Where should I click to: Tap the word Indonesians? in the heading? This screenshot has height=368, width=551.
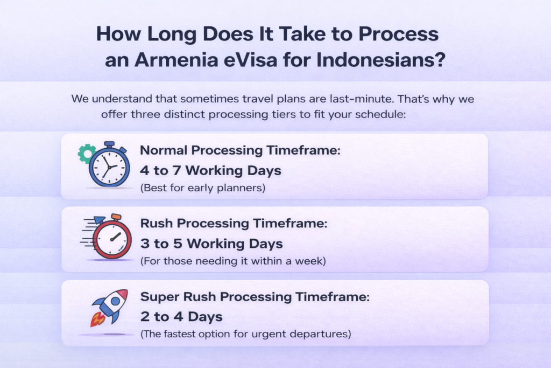pyautogui.click(x=381, y=59)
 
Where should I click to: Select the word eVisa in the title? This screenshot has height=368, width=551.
pyautogui.click(x=251, y=59)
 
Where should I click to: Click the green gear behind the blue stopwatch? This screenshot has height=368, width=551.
pyautogui.click(x=86, y=154)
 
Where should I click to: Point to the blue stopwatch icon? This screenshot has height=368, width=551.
pyautogui.click(x=109, y=165)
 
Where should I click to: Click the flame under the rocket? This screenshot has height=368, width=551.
pyautogui.click(x=97, y=319)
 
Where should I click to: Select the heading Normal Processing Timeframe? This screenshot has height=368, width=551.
pyautogui.click(x=240, y=150)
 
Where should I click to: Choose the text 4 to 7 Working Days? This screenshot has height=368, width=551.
pyautogui.click(x=210, y=171)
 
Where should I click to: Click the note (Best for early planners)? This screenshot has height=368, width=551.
pyautogui.click(x=203, y=188)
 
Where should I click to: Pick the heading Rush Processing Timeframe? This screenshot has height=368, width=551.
pyautogui.click(x=234, y=224)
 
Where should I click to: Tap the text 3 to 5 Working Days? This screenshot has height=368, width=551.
pyautogui.click(x=211, y=244)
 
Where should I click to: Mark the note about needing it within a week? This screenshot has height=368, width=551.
pyautogui.click(x=233, y=261)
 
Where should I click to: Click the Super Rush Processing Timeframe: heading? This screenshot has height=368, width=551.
pyautogui.click(x=255, y=296)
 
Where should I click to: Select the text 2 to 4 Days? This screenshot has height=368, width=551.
pyautogui.click(x=181, y=317)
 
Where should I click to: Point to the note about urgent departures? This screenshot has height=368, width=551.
pyautogui.click(x=245, y=334)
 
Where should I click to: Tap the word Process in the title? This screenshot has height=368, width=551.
pyautogui.click(x=399, y=34)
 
